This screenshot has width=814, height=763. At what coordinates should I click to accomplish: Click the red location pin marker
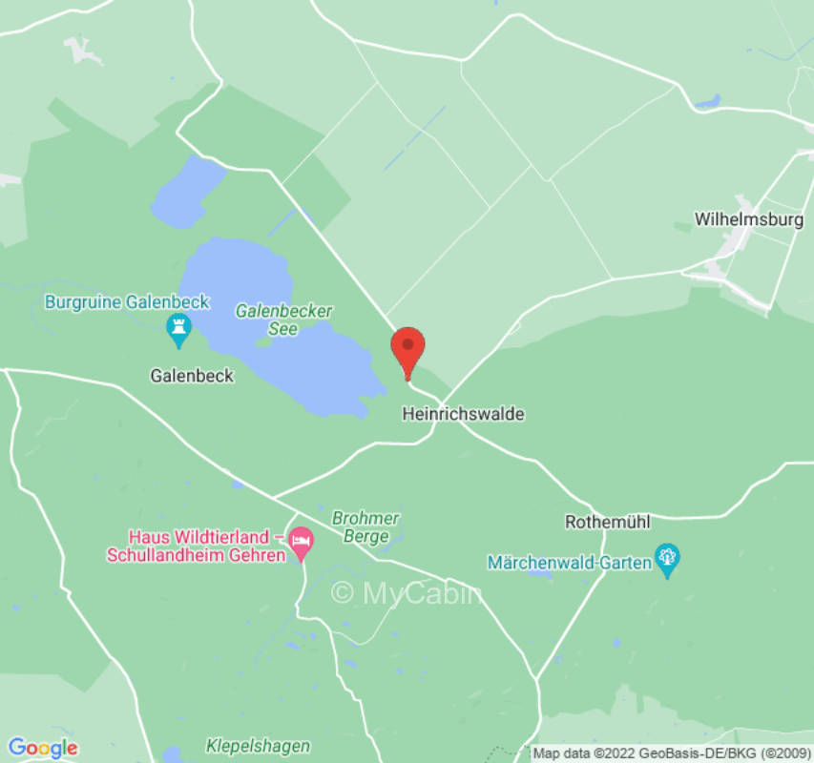(408, 349)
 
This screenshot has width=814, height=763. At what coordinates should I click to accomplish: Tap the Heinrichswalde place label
(464, 414)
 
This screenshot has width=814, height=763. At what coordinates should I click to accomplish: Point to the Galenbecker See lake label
(283, 320)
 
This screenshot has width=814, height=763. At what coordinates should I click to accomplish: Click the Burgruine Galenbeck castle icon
(178, 330)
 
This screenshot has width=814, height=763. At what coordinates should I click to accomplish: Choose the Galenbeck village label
(192, 376)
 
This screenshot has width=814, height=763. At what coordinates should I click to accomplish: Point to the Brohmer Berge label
(365, 526)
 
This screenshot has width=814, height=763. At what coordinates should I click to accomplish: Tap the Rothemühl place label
(608, 522)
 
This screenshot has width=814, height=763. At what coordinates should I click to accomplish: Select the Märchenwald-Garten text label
(570, 562)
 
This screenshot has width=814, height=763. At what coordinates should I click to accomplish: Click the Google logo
(42, 748)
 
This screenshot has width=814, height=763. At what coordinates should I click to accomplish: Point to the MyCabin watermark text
(407, 593)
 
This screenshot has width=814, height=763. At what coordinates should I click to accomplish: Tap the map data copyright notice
(672, 753)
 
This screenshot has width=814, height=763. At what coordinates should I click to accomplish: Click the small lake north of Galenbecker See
(187, 191)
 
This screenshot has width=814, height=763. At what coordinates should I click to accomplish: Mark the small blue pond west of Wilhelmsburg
(707, 100)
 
